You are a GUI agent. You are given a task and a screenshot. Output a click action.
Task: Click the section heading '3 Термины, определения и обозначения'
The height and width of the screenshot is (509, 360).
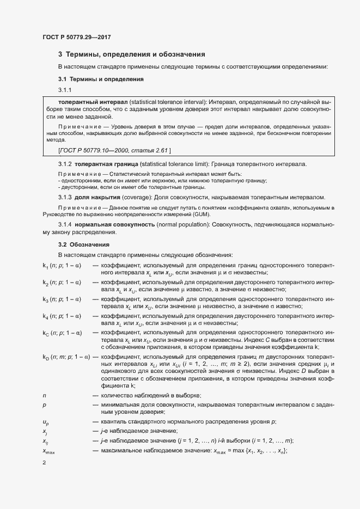[131, 54]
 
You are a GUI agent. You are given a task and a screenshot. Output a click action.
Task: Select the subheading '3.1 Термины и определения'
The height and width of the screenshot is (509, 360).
[101, 79]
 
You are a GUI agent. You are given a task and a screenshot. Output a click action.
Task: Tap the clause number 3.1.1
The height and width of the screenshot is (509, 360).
[65, 90]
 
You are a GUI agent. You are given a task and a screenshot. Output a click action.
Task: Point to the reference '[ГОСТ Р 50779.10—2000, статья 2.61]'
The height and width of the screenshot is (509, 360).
[114, 150]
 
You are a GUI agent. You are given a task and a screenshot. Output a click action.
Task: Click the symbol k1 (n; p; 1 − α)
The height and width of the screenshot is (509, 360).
[62, 265]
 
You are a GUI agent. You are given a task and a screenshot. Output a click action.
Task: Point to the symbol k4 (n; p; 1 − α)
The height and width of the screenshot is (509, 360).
[62, 316]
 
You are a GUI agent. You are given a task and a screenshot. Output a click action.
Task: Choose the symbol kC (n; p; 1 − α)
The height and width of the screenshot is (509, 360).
[63, 333]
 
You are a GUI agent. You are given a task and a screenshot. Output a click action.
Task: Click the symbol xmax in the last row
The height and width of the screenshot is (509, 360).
[49, 451]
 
